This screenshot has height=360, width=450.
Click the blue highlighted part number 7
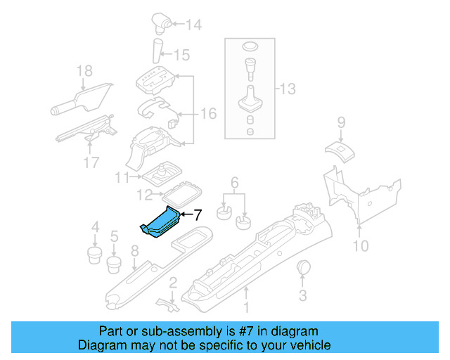161,222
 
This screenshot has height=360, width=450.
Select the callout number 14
193,25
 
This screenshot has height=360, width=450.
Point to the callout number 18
84,70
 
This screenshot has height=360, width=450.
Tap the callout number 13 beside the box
288,89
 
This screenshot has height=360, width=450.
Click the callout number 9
341,122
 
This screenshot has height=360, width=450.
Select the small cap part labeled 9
339,148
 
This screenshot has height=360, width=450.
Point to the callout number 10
360,245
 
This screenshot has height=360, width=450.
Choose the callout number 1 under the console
246,307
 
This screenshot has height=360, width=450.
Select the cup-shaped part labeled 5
112,265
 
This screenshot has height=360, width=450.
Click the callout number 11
123,177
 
